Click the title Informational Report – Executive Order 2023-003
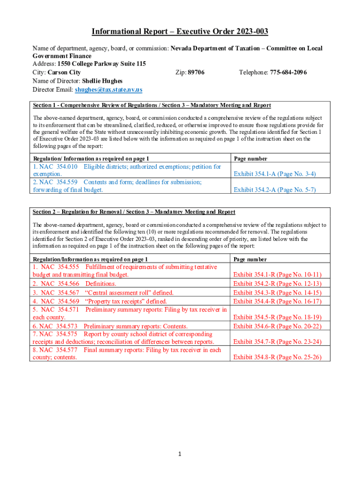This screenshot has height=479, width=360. (x=180, y=31)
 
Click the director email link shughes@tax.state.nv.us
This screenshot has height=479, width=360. (x=109, y=89)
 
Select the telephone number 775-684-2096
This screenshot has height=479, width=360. (x=288, y=73)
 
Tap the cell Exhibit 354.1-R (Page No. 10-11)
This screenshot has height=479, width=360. (x=277, y=275)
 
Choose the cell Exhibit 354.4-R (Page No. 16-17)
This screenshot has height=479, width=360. (x=277, y=301)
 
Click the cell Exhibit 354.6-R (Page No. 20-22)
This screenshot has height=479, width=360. (x=277, y=326)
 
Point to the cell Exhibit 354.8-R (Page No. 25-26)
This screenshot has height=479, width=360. (x=277, y=357)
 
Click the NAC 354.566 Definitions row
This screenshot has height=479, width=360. (x=75, y=283)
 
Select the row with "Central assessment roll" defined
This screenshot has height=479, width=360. (x=103, y=292)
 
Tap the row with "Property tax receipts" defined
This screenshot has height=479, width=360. (x=100, y=301)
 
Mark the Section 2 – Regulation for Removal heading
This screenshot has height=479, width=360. (x=133, y=212)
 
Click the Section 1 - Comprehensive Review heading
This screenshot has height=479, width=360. (x=151, y=105)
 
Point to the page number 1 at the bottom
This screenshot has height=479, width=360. (x=180, y=453)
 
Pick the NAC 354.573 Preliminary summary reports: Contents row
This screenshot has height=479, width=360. (x=110, y=326)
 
